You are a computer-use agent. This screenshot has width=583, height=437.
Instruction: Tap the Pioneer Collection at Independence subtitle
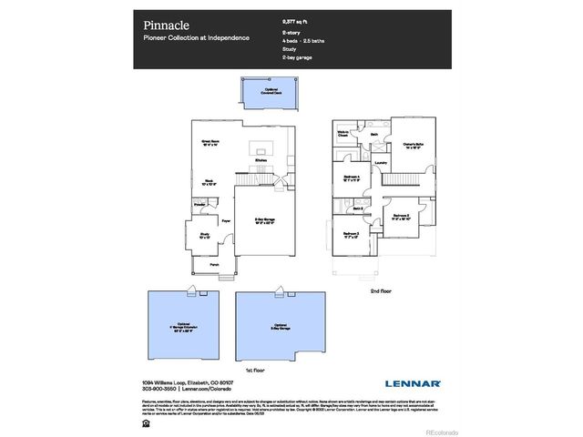coord(195,38)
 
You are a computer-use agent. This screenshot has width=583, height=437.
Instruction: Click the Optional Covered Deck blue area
coord(265,91)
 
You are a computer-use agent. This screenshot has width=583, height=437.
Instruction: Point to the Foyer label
coord(225,219)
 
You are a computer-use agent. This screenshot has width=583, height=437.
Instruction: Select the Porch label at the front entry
coord(214,264)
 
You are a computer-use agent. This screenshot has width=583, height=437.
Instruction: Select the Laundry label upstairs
coord(381,164)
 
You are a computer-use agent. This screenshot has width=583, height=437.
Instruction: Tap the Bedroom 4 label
coord(353,178)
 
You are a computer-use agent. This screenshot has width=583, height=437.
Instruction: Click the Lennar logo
coord(412,384)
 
